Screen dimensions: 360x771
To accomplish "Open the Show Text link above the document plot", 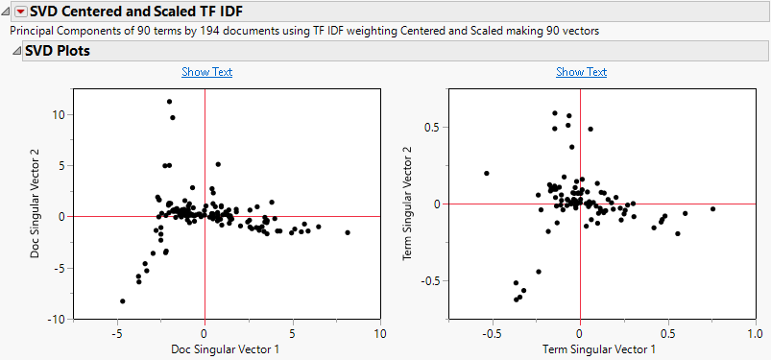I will pyautogui.click(x=206, y=72).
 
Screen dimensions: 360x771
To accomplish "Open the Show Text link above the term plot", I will pyautogui.click(x=581, y=72).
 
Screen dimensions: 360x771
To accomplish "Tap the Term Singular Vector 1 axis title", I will pyautogui.click(x=579, y=348).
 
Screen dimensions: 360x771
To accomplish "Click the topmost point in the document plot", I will pyautogui.click(x=169, y=101).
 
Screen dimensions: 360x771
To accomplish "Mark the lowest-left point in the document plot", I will pyautogui.click(x=122, y=301).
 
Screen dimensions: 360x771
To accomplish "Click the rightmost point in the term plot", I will pyautogui.click(x=712, y=208).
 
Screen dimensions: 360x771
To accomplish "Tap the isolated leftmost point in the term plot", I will pyautogui.click(x=487, y=174).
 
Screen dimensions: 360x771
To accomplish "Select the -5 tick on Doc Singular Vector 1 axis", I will pyautogui.click(x=117, y=333).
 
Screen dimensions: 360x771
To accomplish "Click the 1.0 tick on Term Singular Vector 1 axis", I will pyautogui.click(x=754, y=333).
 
